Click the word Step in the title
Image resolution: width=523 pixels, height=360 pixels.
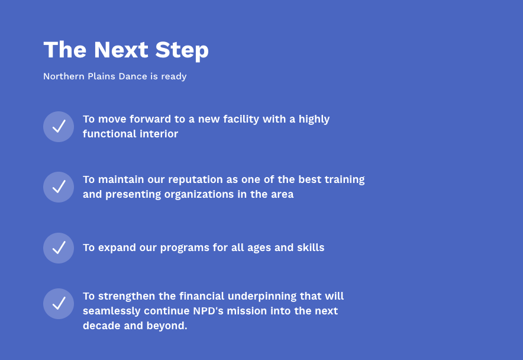(182, 50)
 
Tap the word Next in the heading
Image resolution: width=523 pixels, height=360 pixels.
(121, 50)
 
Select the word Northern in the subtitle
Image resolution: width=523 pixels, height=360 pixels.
(64, 76)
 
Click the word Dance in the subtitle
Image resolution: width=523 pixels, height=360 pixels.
(133, 76)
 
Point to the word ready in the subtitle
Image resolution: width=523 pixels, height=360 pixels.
(174, 76)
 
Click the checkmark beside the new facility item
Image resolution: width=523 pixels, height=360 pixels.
(59, 127)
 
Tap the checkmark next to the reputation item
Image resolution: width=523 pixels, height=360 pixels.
(59, 187)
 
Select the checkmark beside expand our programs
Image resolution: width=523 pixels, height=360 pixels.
(59, 248)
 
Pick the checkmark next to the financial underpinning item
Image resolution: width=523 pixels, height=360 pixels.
(59, 304)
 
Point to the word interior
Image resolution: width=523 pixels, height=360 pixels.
(159, 134)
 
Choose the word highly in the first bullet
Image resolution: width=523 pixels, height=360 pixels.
(314, 119)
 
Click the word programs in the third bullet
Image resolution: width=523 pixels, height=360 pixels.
(185, 248)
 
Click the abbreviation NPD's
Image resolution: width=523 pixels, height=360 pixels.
(208, 311)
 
